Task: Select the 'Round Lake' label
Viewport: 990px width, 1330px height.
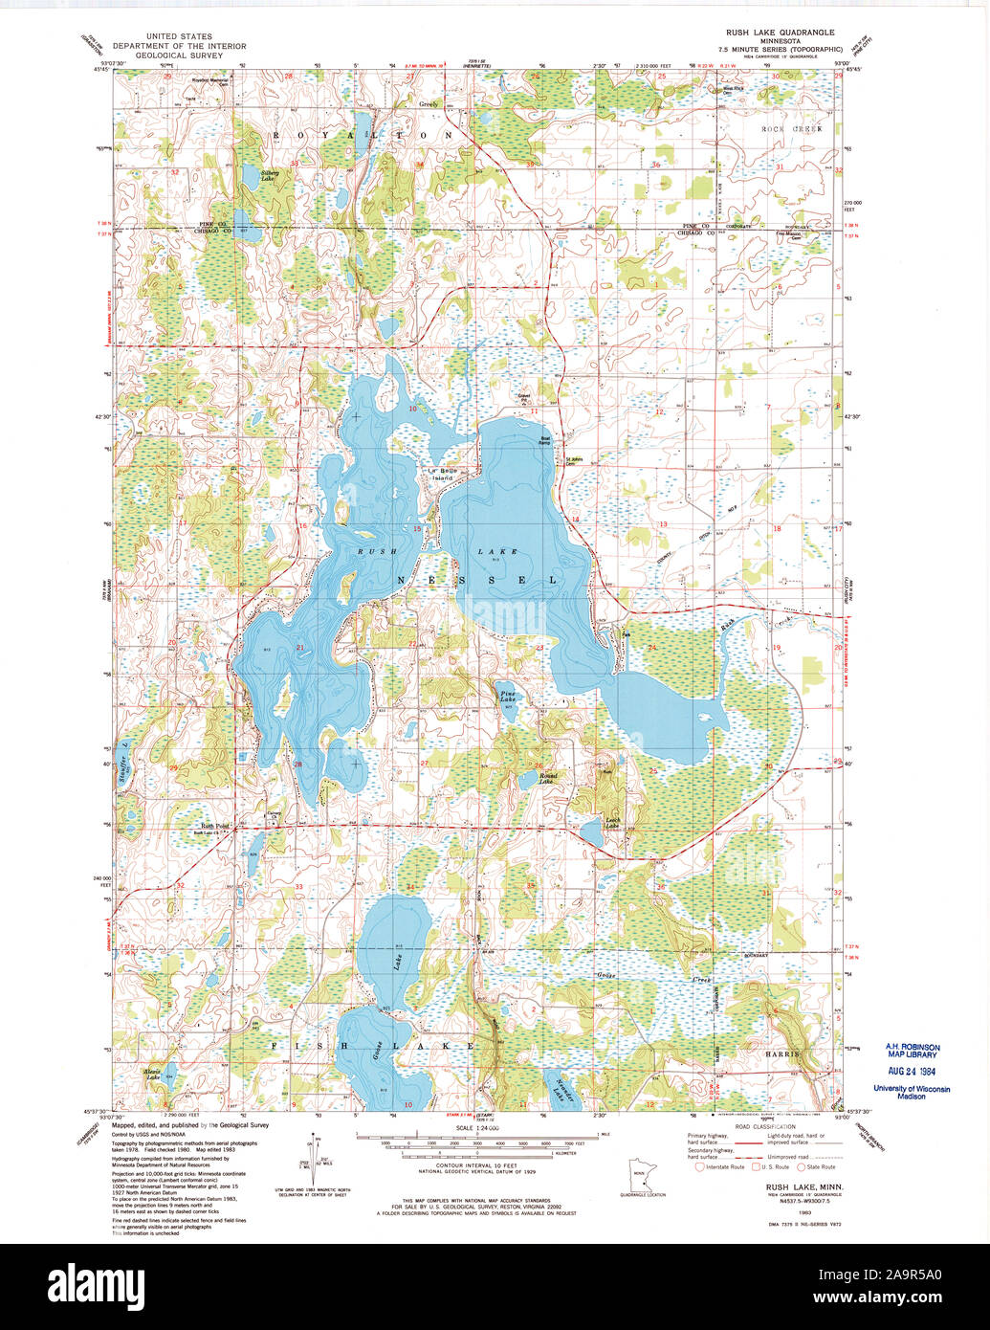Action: coord(547,779)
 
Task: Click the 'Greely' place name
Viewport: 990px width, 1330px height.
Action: coord(428,104)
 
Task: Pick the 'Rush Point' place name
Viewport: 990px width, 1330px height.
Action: coord(214,826)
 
